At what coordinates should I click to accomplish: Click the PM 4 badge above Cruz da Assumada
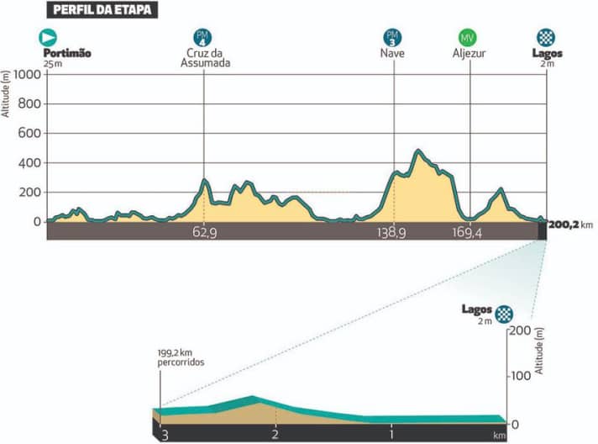click(202, 37)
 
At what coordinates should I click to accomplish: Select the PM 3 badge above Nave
click(392, 37)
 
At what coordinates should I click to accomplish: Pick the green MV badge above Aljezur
click(469, 38)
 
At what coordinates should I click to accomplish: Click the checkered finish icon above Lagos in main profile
click(546, 37)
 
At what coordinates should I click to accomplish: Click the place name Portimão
click(66, 53)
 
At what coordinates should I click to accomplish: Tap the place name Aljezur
click(469, 53)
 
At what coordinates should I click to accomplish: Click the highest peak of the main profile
click(417, 151)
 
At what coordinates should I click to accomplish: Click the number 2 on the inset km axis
click(275, 434)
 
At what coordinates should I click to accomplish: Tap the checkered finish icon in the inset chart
click(504, 313)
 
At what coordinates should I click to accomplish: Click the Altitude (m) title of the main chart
click(6, 93)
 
